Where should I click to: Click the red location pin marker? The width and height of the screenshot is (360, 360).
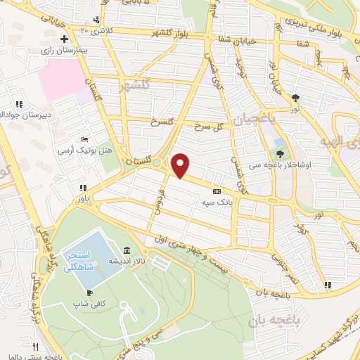pos(181,165)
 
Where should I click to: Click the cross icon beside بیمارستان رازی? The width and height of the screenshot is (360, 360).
pos(64,39)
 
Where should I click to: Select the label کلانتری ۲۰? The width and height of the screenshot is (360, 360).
pos(96,30)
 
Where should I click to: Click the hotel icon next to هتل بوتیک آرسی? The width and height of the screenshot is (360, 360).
pos(85,140)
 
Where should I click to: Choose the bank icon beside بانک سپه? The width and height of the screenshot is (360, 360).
pos(216,191)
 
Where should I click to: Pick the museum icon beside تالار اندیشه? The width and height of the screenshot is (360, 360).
pos(126,250)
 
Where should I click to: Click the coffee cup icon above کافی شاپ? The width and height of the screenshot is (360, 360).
pos(89,292)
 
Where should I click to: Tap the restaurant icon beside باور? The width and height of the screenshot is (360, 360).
pos(83,188)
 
